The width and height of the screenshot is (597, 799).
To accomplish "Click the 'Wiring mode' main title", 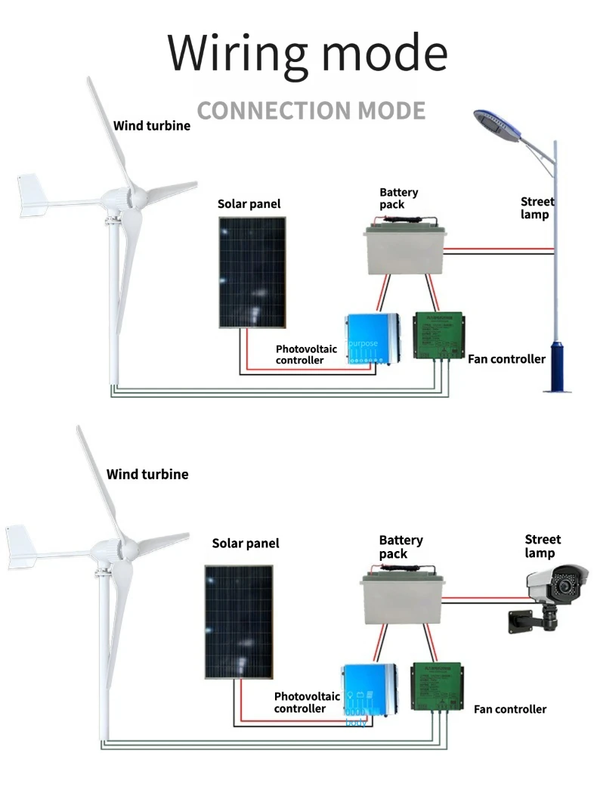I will pos(307,53).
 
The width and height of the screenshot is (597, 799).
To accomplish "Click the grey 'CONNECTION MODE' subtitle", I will pos(311,110).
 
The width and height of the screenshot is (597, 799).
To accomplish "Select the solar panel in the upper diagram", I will pos(252,272).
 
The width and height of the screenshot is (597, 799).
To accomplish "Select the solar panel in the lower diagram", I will pos(239,621).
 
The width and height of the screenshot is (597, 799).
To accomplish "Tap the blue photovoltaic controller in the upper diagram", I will pos(372,338).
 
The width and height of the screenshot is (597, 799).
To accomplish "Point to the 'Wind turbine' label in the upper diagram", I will pos(152,125).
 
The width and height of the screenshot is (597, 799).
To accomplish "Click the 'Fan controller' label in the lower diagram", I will pos(510,709).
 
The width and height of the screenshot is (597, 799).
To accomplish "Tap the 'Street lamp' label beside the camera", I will pos(543,547).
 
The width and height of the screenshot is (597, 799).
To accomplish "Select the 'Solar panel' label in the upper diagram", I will pos(249,204).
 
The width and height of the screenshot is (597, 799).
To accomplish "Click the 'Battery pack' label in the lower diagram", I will pos(401,547).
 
